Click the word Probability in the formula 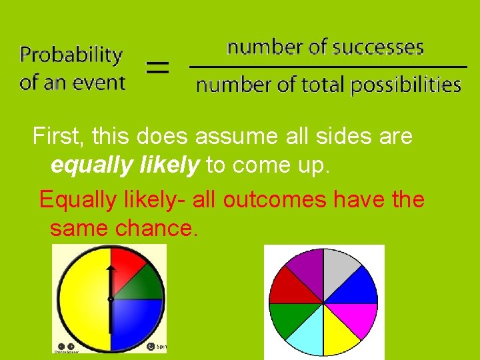[x=71, y=55]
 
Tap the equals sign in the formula [x=157, y=67]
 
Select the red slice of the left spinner [x=127, y=267]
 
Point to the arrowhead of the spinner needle [x=111, y=269]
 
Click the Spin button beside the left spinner [x=153, y=346]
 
